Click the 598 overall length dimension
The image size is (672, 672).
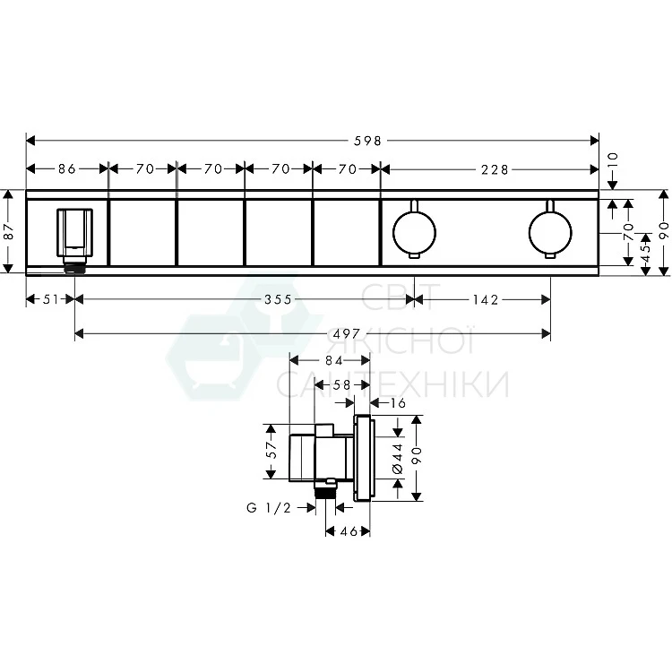(x=367, y=141)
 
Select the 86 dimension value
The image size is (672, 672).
(x=67, y=168)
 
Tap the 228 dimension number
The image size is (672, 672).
(x=494, y=169)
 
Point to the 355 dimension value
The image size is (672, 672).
(x=278, y=299)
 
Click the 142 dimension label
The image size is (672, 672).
(x=486, y=299)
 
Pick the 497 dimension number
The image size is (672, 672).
(x=346, y=333)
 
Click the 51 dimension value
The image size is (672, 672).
(x=50, y=299)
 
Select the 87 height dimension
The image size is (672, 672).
(x=9, y=232)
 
